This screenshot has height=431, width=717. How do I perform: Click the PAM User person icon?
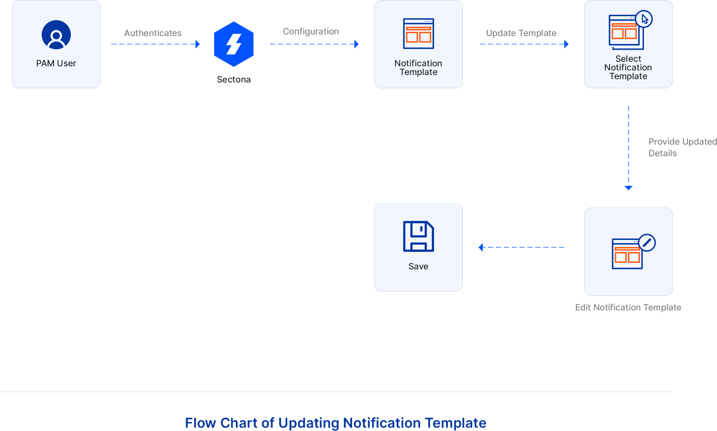pyautogui.click(x=56, y=35)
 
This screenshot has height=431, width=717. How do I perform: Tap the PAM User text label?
pyautogui.click(x=56, y=63)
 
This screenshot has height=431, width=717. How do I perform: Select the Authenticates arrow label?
pyautogui.click(x=153, y=33)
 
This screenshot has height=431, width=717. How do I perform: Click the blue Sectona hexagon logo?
pyautogui.click(x=234, y=44)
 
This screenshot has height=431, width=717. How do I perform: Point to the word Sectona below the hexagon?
pyautogui.click(x=233, y=80)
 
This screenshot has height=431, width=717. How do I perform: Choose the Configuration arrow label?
pyautogui.click(x=311, y=31)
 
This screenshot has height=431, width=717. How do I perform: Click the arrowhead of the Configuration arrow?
pyautogui.click(x=356, y=44)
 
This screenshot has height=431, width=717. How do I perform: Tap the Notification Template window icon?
pyautogui.click(x=418, y=34)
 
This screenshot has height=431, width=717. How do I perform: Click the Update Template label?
pyautogui.click(x=521, y=33)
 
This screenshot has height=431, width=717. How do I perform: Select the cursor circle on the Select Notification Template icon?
pyautogui.click(x=644, y=19)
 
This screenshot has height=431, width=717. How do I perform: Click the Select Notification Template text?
pyautogui.click(x=628, y=68)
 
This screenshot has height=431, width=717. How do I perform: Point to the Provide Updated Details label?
pyautogui.click(x=682, y=147)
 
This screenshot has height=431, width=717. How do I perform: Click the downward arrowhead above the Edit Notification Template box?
pyautogui.click(x=629, y=188)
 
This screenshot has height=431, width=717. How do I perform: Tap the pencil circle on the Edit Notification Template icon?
pyautogui.click(x=647, y=243)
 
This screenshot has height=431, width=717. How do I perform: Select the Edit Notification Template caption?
pyautogui.click(x=628, y=308)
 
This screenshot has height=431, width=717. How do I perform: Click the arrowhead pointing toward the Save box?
pyautogui.click(x=481, y=247)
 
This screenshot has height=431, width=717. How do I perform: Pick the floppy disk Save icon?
pyautogui.click(x=418, y=236)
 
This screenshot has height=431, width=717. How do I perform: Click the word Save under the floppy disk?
pyautogui.click(x=418, y=266)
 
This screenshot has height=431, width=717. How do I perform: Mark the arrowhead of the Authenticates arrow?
pyautogui.click(x=198, y=44)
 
